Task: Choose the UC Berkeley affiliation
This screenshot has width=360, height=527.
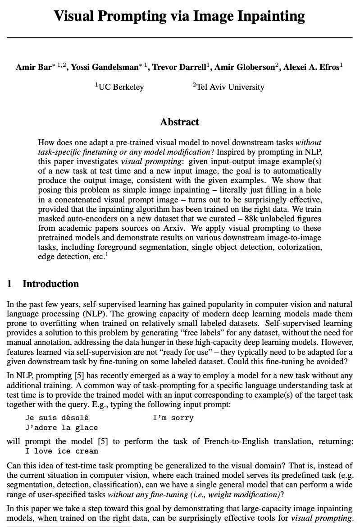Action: pos(121,87)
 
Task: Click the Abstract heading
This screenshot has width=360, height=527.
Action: pos(179,122)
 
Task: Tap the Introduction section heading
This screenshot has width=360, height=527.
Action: pos(50,284)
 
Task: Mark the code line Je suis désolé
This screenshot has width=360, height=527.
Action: pos(57,418)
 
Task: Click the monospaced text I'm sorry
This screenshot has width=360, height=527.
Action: pos(173,418)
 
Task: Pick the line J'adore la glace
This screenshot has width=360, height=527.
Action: pos(61,427)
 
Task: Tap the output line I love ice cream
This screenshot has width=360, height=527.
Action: pos(61,451)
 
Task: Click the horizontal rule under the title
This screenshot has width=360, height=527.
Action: pos(179,37)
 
